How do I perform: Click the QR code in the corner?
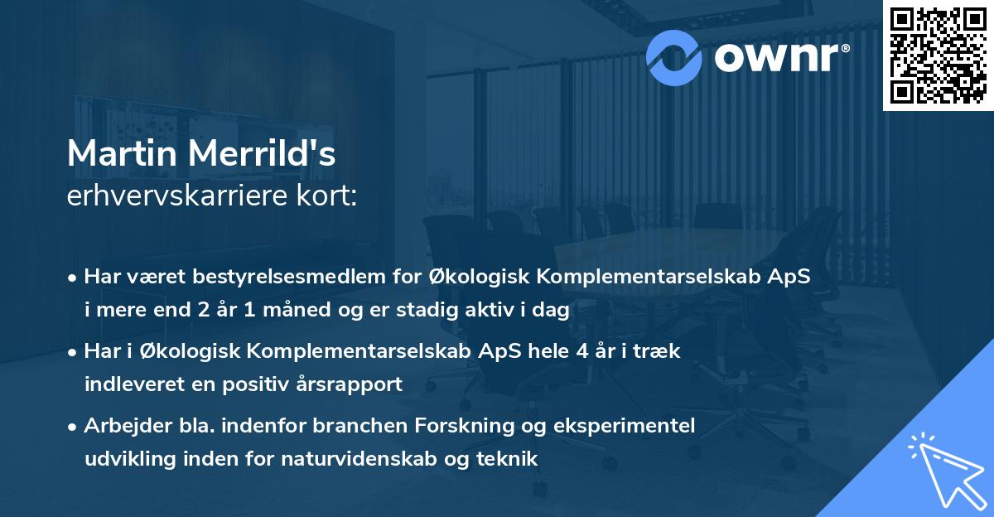(937, 55)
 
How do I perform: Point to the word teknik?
(509, 458)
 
